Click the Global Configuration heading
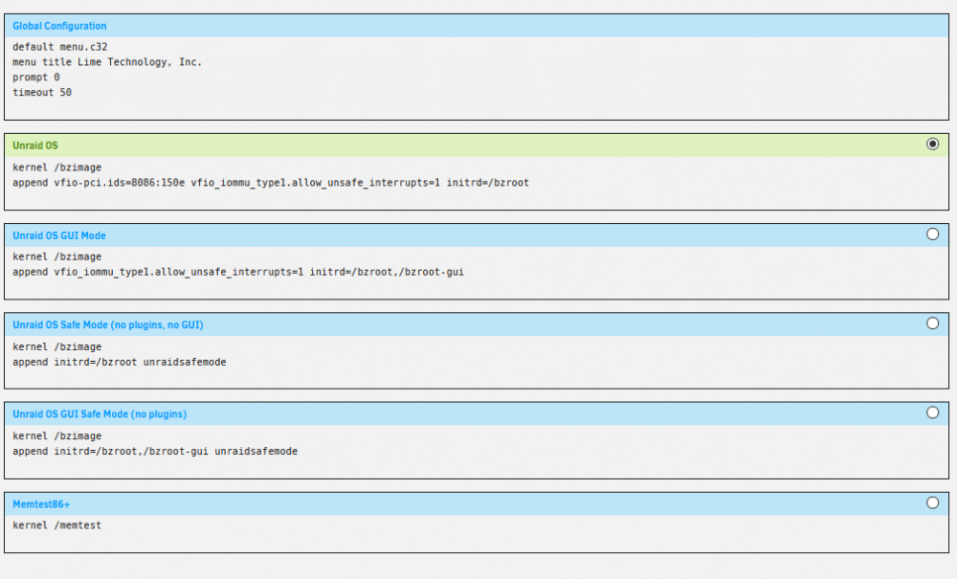point(59,26)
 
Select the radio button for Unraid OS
point(932,144)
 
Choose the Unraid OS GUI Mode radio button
point(932,234)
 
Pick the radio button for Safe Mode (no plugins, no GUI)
point(932,323)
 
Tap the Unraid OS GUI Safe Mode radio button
point(932,412)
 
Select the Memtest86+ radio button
point(932,502)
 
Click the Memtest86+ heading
point(41,504)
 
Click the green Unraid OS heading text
point(34,145)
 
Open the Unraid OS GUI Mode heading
point(58,235)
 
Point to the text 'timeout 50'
point(41,93)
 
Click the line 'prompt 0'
point(36,78)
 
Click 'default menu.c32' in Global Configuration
point(59,47)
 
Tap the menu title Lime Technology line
point(107,62)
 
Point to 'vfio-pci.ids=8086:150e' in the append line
point(119,183)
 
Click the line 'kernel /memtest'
point(56,525)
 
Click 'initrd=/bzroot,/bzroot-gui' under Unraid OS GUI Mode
point(387,272)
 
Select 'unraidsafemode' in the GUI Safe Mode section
point(256,452)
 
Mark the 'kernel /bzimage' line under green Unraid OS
point(56,167)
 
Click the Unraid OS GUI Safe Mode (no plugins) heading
point(100,414)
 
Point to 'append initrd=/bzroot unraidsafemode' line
point(119,363)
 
